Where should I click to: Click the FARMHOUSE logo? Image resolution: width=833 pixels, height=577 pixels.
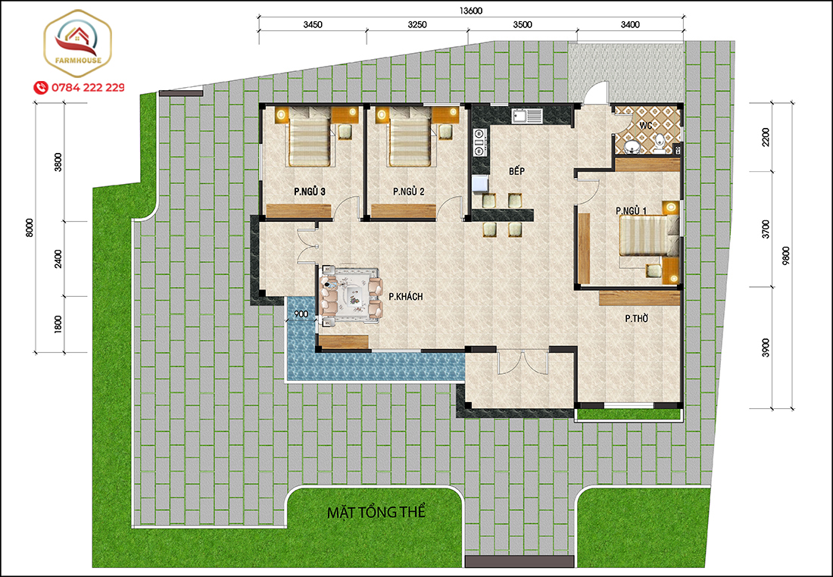(77, 44)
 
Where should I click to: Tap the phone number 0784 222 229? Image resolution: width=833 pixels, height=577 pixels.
(88, 87)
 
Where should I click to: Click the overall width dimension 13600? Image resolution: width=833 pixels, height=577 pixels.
(471, 11)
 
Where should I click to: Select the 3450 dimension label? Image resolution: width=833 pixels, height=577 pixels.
(312, 24)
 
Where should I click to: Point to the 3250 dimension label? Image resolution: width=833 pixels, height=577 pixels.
(417, 24)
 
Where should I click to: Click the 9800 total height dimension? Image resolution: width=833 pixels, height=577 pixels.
(786, 255)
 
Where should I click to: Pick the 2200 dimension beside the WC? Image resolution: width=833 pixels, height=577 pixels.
(765, 137)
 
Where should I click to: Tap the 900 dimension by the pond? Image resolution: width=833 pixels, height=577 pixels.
(301, 314)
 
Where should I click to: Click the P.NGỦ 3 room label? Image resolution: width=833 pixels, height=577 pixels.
(310, 192)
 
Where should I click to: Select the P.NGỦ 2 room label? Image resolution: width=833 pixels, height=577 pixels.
(408, 192)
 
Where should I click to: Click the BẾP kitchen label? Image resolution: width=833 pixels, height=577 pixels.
(516, 170)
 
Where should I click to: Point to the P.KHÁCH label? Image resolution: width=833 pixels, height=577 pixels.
(406, 297)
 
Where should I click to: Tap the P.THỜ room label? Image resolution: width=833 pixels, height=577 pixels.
(636, 318)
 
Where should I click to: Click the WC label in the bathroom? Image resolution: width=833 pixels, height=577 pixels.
(645, 126)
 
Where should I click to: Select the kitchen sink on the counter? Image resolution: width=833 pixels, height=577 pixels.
(526, 115)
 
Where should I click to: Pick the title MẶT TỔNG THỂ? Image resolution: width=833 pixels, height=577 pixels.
(376, 513)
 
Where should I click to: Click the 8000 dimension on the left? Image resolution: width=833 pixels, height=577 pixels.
(30, 228)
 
